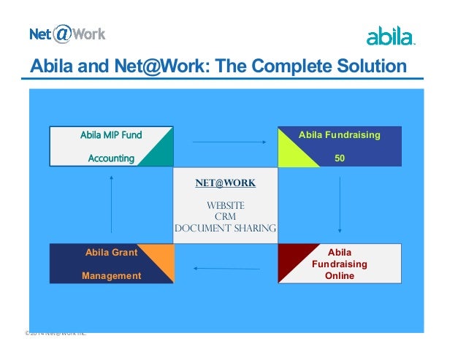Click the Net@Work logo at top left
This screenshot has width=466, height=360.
coord(67,34)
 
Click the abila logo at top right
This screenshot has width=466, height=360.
coord(390,36)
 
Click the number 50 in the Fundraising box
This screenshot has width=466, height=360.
coord(340,158)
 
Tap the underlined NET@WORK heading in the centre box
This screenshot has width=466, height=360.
coord(226,183)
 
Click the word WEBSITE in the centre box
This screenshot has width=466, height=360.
coord(225,205)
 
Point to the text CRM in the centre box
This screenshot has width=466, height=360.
coord(225,217)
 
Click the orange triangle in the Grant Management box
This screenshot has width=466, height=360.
coord(162,269)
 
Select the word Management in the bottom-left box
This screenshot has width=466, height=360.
coord(111,275)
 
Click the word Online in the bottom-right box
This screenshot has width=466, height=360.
coord(340,275)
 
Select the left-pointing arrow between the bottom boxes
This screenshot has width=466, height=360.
coord(224,268)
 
